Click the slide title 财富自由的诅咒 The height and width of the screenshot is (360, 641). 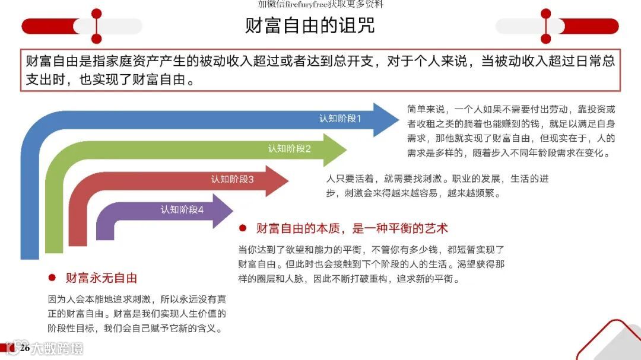[310, 26]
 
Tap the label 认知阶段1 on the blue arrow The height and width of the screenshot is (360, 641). [340, 119]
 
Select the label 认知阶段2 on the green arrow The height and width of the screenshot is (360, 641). [289, 149]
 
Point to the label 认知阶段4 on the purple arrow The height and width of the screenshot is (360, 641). [182, 209]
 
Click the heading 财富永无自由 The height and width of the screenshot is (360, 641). [101, 278]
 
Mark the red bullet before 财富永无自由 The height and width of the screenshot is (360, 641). [52, 278]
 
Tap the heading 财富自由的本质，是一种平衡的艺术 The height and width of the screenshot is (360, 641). [351, 228]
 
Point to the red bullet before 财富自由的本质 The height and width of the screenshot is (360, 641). [242, 228]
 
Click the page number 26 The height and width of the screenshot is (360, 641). [25, 348]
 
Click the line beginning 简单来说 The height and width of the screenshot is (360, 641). [511, 109]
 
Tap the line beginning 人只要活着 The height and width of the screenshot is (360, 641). [437, 179]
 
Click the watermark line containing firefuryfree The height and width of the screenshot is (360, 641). [320, 4]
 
